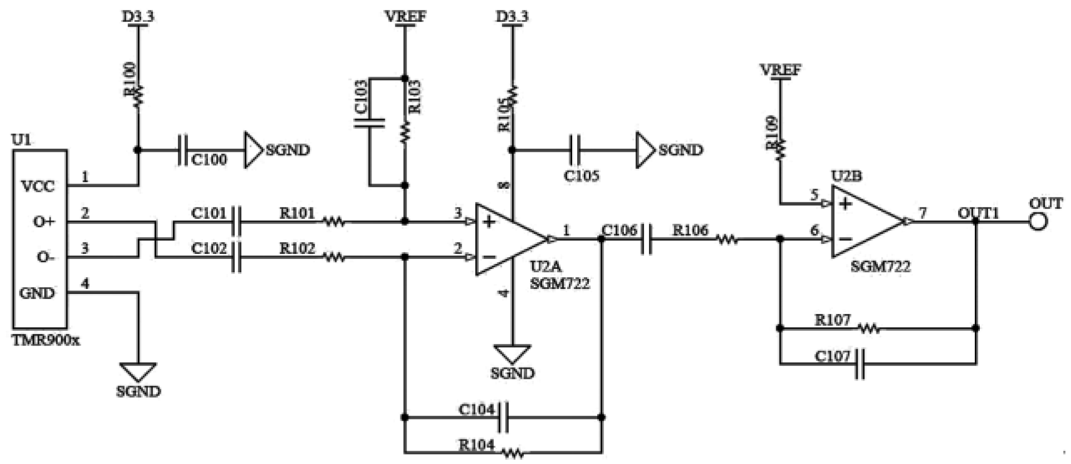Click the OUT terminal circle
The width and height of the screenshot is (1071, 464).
tap(1038, 222)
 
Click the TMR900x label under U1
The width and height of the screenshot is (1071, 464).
tap(46, 340)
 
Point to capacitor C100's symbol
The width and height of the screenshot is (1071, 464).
tap(182, 150)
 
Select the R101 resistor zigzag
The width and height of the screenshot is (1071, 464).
tap(334, 222)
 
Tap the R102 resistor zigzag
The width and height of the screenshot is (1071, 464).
tap(334, 257)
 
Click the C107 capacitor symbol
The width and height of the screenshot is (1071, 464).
tap(860, 364)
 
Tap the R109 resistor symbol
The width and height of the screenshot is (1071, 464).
tap(780, 147)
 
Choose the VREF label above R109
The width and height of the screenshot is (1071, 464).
tap(781, 70)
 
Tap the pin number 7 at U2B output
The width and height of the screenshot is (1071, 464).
tap(923, 213)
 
